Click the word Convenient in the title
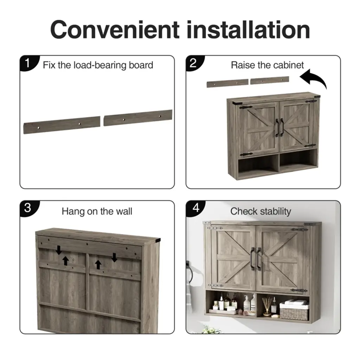[115, 30]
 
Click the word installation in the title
[249, 30]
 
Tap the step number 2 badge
[194, 63]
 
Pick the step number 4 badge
[195, 208]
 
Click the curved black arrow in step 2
[314, 79]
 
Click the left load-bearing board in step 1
[62, 125]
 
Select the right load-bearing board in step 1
[138, 118]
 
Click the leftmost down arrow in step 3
[59, 250]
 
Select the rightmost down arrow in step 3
[114, 257]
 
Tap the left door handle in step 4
[252, 259]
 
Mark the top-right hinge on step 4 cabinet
[300, 230]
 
